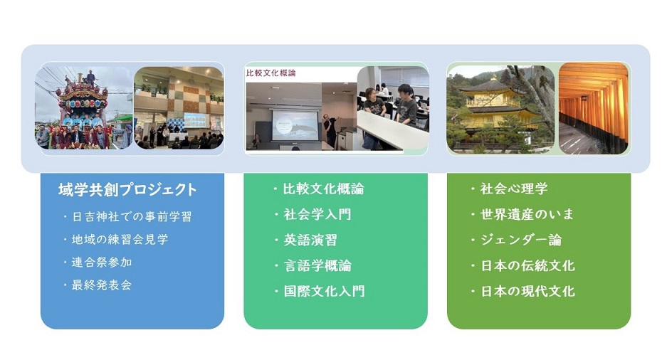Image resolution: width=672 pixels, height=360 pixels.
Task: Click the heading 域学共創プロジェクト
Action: tap(127, 189)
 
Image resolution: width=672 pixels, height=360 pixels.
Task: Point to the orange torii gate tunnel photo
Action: tap(594, 108)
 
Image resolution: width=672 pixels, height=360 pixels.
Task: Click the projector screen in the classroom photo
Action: tap(295, 125)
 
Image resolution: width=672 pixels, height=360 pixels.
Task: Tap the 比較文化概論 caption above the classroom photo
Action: tap(271, 73)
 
